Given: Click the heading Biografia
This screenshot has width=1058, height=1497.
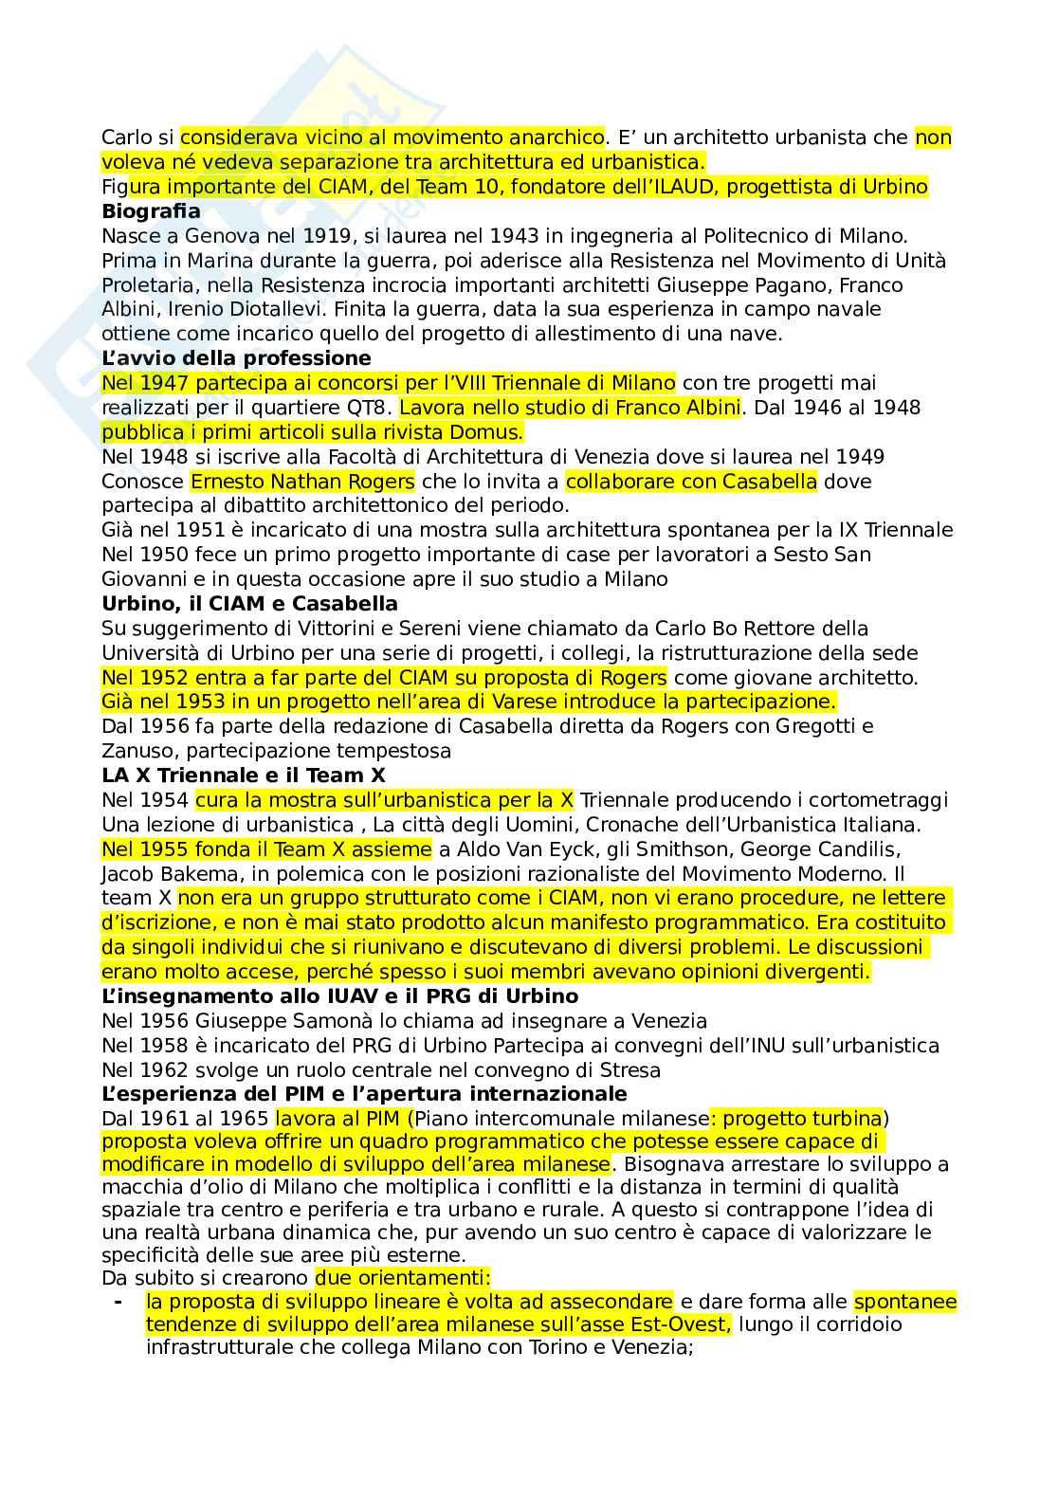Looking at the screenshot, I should click(x=151, y=210).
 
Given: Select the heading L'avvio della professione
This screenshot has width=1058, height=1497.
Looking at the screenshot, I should click(x=236, y=357).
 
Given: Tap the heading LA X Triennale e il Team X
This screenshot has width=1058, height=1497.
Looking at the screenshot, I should click(x=244, y=775).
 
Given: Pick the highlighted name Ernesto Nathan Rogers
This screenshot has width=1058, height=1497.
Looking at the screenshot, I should click(x=302, y=481).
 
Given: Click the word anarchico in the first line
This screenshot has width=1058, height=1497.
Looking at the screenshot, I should click(x=553, y=137).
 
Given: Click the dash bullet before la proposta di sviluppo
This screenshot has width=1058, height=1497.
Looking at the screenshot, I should click(x=118, y=1301).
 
